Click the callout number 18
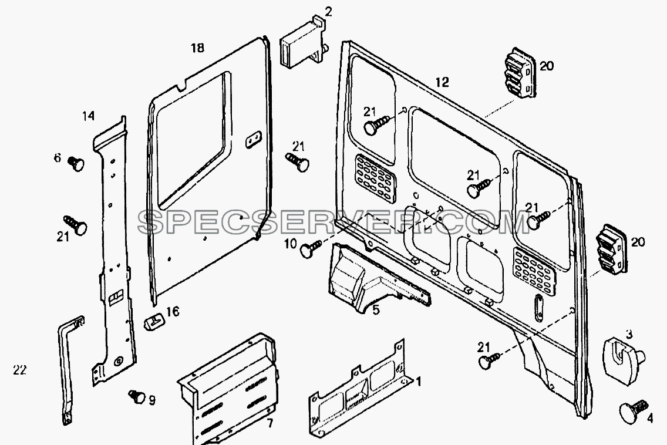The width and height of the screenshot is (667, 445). coord(197,48)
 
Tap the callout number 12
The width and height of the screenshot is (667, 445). coord(442,82)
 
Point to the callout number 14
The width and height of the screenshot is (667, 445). coord(88,116)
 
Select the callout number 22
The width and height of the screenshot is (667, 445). coord(19,370)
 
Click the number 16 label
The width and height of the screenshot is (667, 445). coord(173,312)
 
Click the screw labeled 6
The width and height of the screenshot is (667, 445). coord(76,163)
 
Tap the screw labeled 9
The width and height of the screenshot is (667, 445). coord(137,396)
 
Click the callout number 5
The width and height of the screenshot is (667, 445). coord(376,310)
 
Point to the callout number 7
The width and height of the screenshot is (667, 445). coord(269,424)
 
